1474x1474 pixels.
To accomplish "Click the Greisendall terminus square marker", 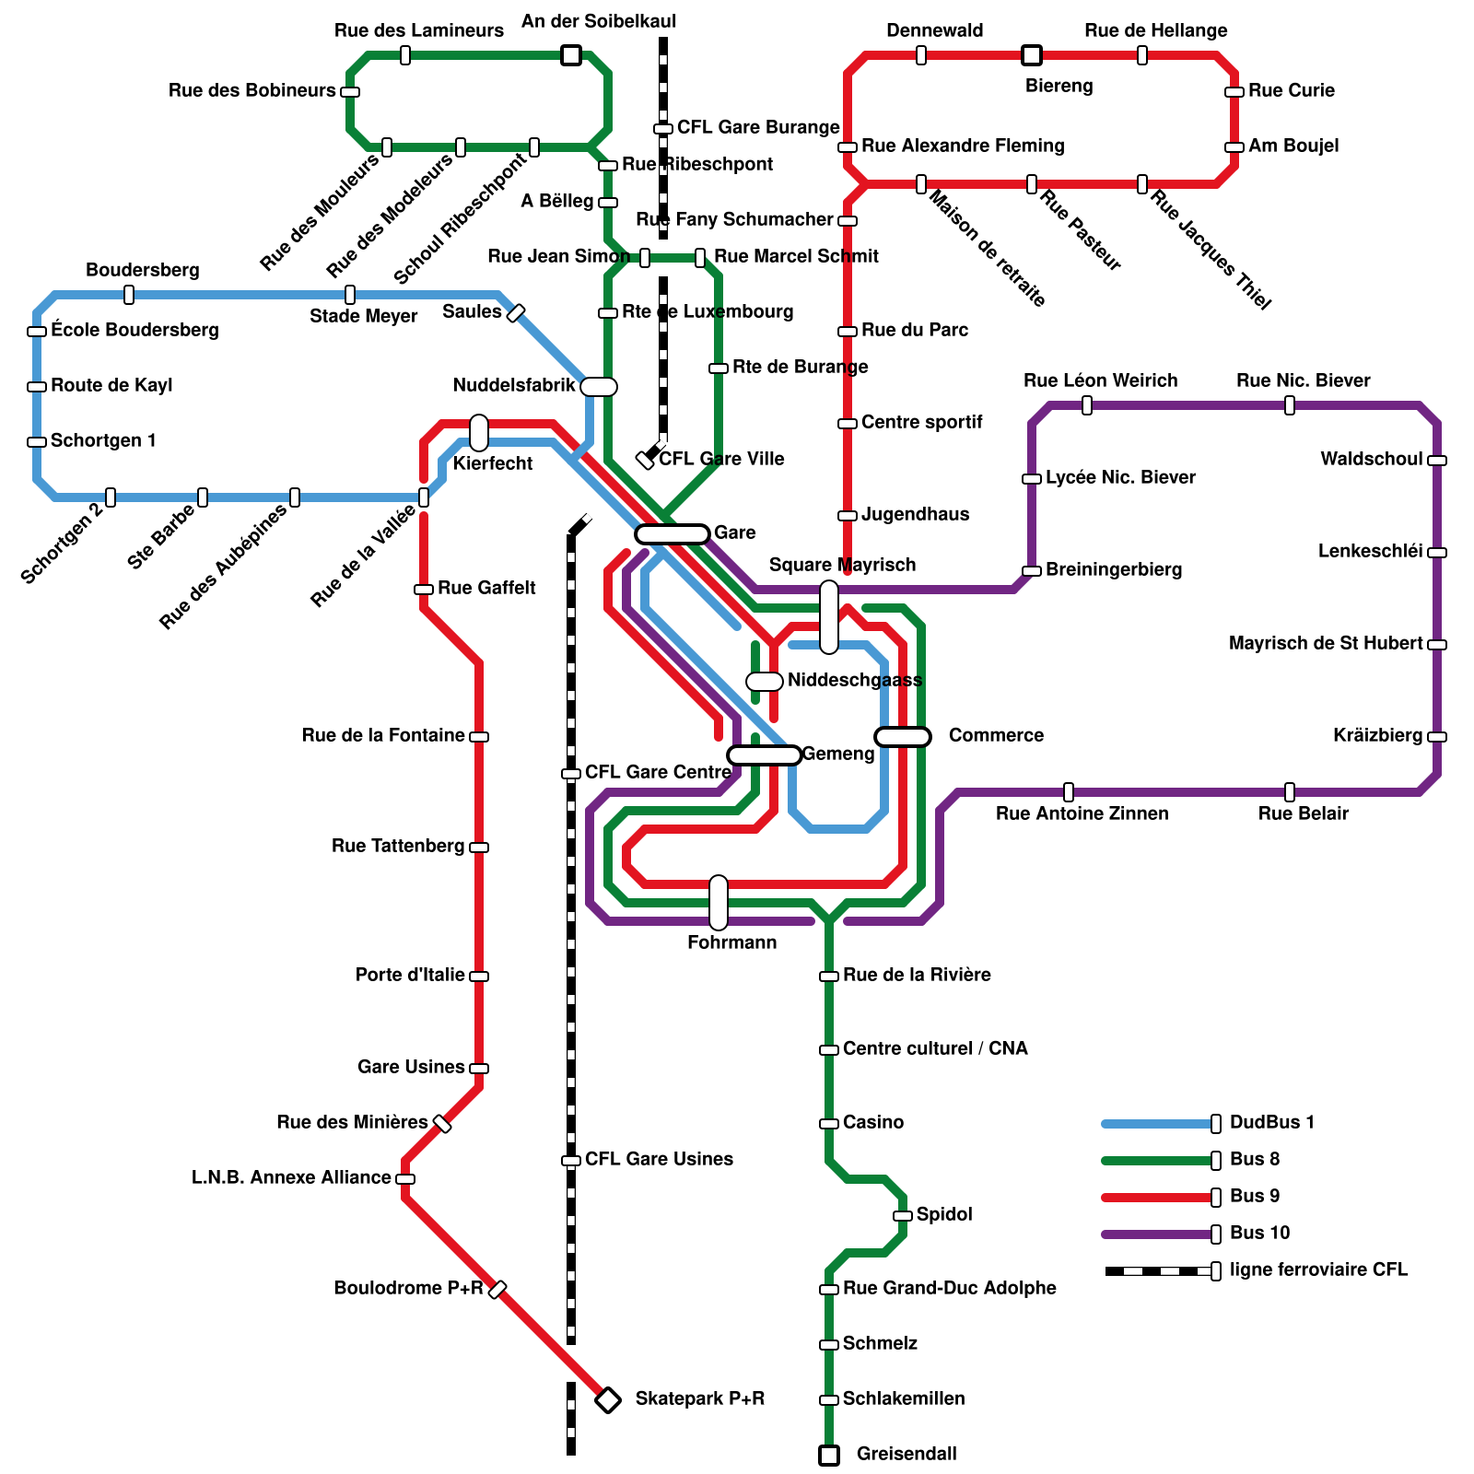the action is coord(829,1456).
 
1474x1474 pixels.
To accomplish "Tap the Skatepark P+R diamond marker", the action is coord(607,1400).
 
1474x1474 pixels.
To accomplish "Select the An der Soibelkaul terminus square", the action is coord(571,55).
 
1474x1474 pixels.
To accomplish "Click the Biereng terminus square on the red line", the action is coord(1032,55).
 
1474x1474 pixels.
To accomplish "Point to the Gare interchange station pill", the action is coord(673,533).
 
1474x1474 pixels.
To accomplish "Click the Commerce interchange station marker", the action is coord(903,736).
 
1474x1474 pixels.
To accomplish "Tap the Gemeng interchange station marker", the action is coord(765,755).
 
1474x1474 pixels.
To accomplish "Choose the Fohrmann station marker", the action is coord(719,903).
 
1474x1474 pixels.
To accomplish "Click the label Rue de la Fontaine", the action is coord(382,735).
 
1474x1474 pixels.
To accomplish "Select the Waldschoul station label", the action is coord(1371,459).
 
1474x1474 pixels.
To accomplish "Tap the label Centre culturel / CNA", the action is coord(935,1048).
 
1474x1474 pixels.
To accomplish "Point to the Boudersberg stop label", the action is coord(143,270).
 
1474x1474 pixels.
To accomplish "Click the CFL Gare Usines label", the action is coord(659,1159).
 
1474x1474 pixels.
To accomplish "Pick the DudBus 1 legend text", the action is coord(1271,1122).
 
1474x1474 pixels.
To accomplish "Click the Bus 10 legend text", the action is coord(1259,1233).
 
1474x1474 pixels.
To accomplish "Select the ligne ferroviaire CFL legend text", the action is coord(1318,1269).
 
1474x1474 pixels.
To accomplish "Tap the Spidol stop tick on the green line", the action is coord(903,1216).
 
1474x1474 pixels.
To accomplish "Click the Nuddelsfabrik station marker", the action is coord(599,387).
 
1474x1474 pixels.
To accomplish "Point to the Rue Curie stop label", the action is coord(1291,90).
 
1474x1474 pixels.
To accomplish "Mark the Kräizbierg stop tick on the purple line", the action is coord(1437,737).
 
